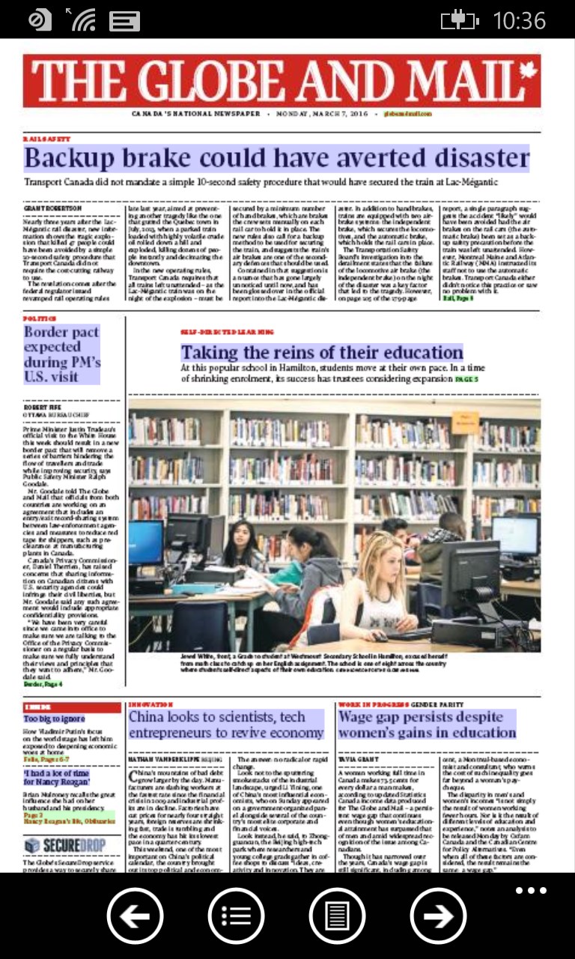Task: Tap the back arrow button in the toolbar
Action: (135, 915)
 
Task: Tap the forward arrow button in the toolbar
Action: (438, 915)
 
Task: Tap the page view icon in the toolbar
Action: (337, 915)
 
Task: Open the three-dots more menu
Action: (531, 891)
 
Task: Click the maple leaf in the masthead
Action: (528, 72)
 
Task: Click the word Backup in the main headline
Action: (67, 159)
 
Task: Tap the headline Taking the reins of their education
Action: (322, 352)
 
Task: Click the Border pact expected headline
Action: (61, 354)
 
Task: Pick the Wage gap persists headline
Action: (427, 724)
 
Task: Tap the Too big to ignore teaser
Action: (54, 719)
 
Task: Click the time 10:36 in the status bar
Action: (519, 20)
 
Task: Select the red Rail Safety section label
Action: (46, 139)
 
